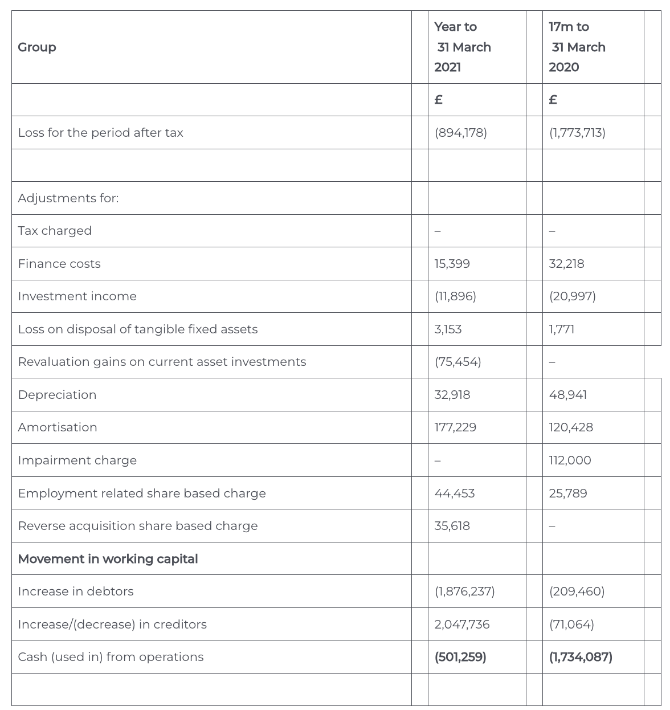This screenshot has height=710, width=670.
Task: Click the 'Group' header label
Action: click(37, 47)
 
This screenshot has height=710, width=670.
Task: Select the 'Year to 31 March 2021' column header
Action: click(462, 47)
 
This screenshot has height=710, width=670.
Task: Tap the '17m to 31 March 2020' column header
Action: click(577, 47)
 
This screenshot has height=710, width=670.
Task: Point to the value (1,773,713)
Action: click(577, 133)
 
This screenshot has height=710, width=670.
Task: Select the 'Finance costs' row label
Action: click(59, 264)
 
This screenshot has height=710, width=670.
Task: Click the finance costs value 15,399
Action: click(452, 264)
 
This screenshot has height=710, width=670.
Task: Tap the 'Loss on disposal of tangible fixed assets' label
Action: click(138, 329)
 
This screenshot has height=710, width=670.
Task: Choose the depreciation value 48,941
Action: click(567, 395)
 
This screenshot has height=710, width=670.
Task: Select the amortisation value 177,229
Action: click(455, 427)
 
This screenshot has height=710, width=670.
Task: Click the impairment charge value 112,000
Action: click(570, 460)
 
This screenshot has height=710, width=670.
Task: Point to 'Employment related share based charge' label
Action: click(142, 493)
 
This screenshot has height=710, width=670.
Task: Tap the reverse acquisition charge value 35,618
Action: click(452, 526)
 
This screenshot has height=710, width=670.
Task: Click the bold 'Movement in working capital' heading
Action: click(108, 559)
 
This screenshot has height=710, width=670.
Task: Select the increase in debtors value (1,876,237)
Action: click(464, 591)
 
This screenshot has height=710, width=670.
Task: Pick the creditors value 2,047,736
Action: click(461, 625)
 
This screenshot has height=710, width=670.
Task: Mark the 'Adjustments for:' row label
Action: click(68, 198)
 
